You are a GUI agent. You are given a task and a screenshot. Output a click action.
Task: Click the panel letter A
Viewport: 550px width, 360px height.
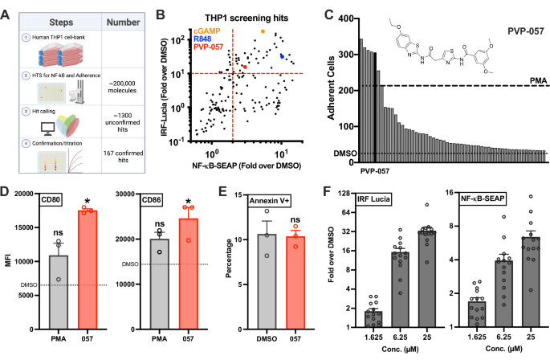pos(9,10)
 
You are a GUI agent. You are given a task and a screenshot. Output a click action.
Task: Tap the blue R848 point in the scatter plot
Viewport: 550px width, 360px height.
pos(282,55)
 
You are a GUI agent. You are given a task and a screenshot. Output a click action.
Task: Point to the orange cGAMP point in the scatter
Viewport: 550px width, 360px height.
pos(263,31)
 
